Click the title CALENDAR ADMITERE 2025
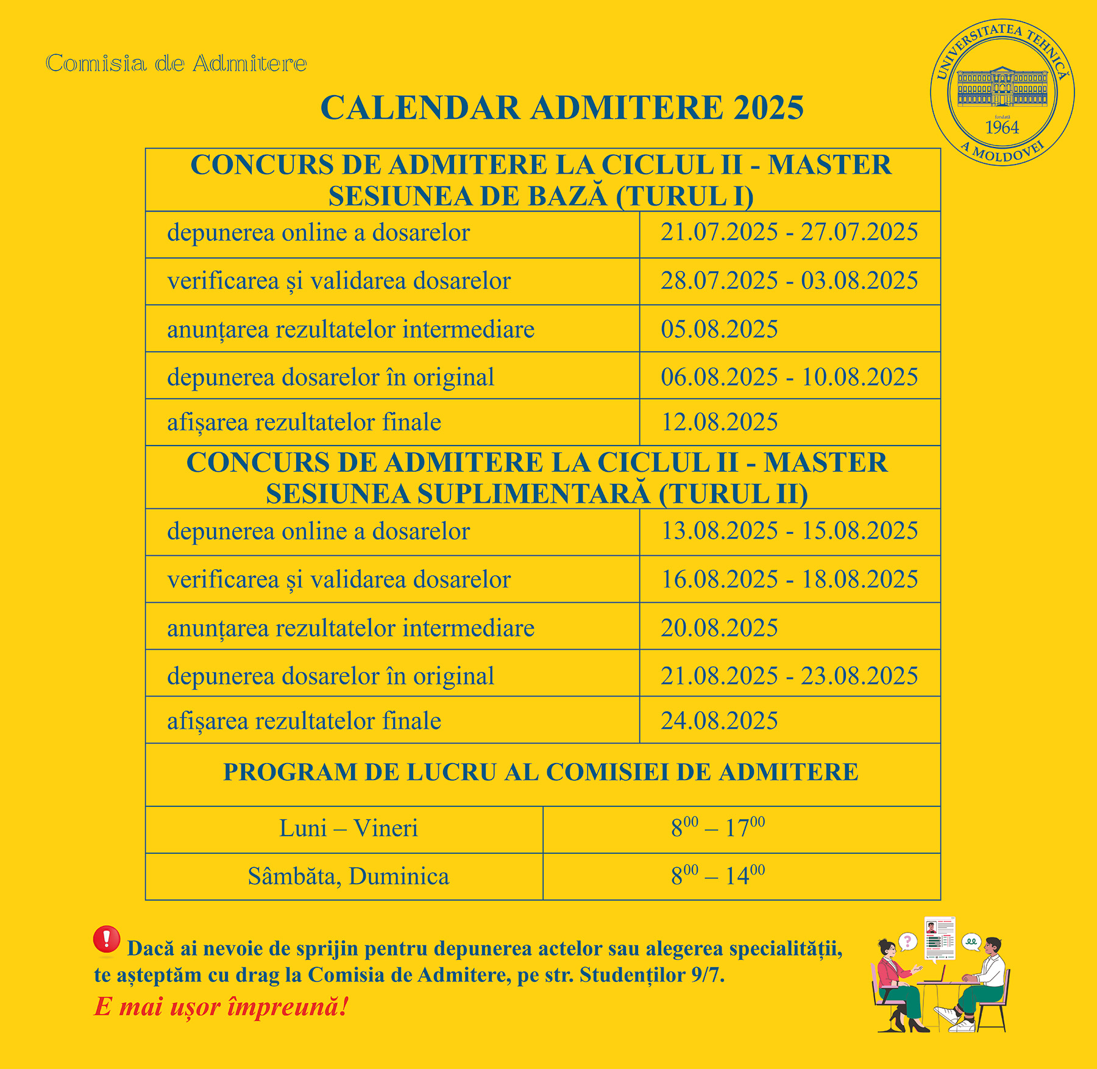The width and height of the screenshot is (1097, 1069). point(562,108)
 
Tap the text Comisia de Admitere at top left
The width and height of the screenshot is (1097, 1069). point(176,63)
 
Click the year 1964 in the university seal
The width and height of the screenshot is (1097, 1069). point(1002,127)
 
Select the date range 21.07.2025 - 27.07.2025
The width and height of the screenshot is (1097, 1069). point(789,232)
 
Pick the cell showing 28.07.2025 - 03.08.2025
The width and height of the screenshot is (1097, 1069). point(789,281)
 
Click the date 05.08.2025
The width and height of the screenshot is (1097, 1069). point(719,329)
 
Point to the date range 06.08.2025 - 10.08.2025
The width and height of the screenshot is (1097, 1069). point(789,377)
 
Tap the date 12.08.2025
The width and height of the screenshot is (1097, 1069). point(719,422)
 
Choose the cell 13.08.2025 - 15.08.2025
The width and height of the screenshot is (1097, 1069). point(789,531)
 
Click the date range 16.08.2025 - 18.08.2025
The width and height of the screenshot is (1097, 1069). point(789,579)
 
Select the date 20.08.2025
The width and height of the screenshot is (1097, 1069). point(719,628)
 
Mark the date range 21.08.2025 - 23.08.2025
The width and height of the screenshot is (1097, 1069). point(789,676)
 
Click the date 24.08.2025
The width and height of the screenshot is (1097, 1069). point(719,721)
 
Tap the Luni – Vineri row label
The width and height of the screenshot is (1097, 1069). point(349,829)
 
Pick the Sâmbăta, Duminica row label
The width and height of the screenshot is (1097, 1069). point(349,876)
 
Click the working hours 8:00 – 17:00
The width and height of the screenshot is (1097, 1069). point(718,828)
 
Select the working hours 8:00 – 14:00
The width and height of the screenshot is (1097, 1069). point(718,876)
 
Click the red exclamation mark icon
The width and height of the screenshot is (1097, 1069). point(107,939)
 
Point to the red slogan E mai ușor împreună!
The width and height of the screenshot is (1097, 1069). point(221,1007)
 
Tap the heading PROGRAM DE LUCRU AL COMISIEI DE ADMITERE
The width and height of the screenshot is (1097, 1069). point(541,772)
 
